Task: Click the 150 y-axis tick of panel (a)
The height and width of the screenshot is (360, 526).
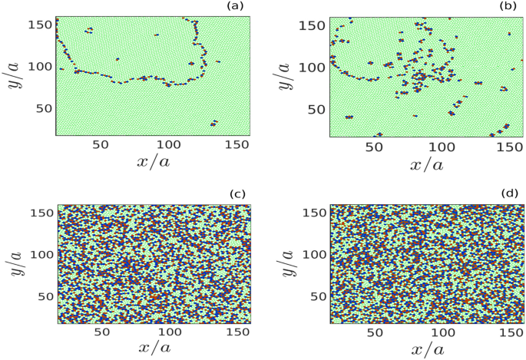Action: (39, 24)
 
